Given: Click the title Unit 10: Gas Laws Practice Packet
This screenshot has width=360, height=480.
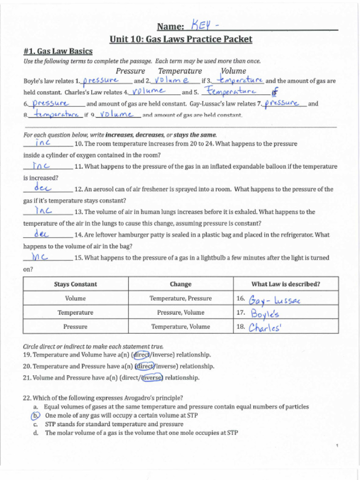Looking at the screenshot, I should tap(180, 39).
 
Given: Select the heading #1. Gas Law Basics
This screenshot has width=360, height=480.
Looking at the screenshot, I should tap(58, 51).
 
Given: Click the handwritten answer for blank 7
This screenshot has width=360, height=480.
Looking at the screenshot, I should tap(282, 103).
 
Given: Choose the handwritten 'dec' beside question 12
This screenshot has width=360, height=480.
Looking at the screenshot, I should tap(42, 188).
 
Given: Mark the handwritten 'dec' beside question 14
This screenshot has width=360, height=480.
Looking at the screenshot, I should tap(42, 233).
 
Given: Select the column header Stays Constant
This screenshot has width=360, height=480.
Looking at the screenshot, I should tap(75, 284).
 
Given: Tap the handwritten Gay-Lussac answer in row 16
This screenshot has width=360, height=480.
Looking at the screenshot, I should tap(274, 300).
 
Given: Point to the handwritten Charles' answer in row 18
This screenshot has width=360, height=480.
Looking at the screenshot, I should tap(265, 327).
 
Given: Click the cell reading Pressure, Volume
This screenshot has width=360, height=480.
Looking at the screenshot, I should tap(180, 313).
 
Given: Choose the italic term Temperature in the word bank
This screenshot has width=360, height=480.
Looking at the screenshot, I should tap(180, 71).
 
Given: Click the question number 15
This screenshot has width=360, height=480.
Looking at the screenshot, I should tap(78, 258).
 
